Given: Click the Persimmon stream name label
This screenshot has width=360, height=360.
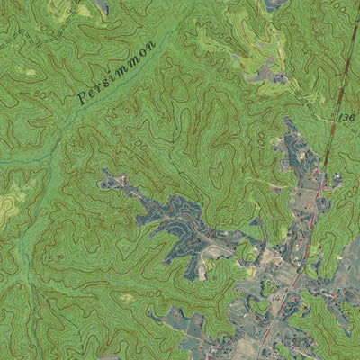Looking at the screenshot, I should tap(117, 68).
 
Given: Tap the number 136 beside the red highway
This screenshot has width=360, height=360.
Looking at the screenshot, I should tap(348, 118).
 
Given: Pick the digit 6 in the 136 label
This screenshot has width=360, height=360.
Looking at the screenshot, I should tap(354, 117).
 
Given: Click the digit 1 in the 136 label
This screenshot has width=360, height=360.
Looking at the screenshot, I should tap(342, 120).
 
